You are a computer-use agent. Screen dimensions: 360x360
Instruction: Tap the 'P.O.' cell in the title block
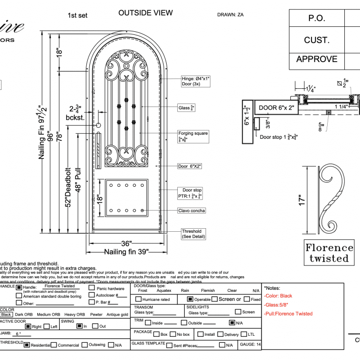317,18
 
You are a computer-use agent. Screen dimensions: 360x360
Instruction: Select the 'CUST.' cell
317,40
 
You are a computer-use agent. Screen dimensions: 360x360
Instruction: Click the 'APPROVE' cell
317,59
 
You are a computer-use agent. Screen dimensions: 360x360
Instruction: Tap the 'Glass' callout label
186,108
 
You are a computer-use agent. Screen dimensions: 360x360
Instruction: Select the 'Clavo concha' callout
191,211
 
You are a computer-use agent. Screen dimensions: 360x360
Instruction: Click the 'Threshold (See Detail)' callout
191,233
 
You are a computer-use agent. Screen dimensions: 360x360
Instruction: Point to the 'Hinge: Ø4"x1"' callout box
195,81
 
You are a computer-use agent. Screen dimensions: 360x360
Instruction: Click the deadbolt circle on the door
98,125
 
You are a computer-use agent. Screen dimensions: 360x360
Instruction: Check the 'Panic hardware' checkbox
91,288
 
